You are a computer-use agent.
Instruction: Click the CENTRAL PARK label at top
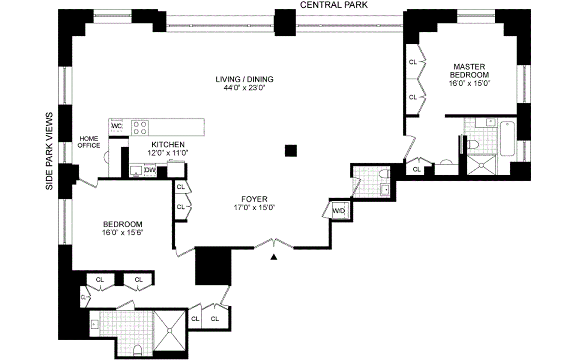pyautogui.click(x=334, y=5)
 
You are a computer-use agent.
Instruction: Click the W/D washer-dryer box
pyautogui.click(x=339, y=211)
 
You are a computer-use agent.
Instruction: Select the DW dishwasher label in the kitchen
pyautogui.click(x=150, y=170)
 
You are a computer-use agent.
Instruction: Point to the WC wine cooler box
pyautogui.click(x=116, y=126)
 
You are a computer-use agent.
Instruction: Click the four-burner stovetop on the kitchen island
pyautogui.click(x=140, y=128)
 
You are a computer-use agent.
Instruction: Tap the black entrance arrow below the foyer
pyautogui.click(x=274, y=257)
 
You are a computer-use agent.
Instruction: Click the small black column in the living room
pyautogui.click(x=291, y=151)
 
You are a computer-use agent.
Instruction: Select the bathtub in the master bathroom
pyautogui.click(x=507, y=139)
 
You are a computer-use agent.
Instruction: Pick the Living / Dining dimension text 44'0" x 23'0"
pyautogui.click(x=244, y=88)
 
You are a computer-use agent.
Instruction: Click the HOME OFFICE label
pyautogui.click(x=89, y=142)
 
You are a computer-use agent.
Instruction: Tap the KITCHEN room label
pyautogui.click(x=168, y=144)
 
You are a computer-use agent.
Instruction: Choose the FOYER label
pyautogui.click(x=254, y=199)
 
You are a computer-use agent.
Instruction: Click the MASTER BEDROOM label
pyautogui.click(x=469, y=70)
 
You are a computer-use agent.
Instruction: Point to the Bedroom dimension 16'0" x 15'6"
pyautogui.click(x=123, y=233)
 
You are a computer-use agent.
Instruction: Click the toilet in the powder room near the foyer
pyautogui.click(x=384, y=174)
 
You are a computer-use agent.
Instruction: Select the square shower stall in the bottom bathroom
pyautogui.click(x=169, y=330)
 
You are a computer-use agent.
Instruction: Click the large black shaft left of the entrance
pyautogui.click(x=213, y=266)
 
